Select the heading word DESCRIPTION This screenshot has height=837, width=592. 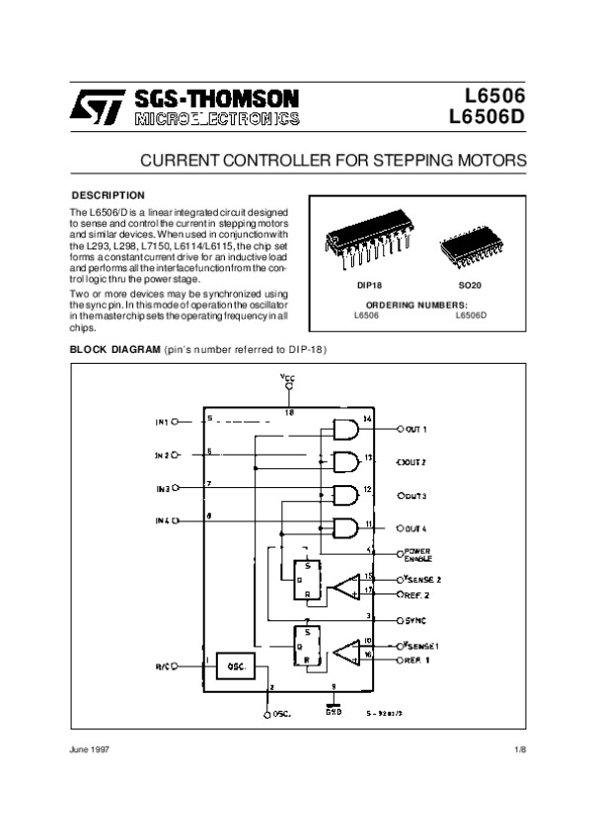110,195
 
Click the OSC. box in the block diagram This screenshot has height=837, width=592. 236,665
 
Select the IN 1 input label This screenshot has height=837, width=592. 162,421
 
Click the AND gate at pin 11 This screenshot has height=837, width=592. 346,526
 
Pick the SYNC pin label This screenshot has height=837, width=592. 415,621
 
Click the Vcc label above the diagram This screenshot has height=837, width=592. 287,379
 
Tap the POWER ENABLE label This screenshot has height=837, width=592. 418,554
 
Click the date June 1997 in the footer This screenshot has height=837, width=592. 88,750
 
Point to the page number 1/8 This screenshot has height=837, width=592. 521,750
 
